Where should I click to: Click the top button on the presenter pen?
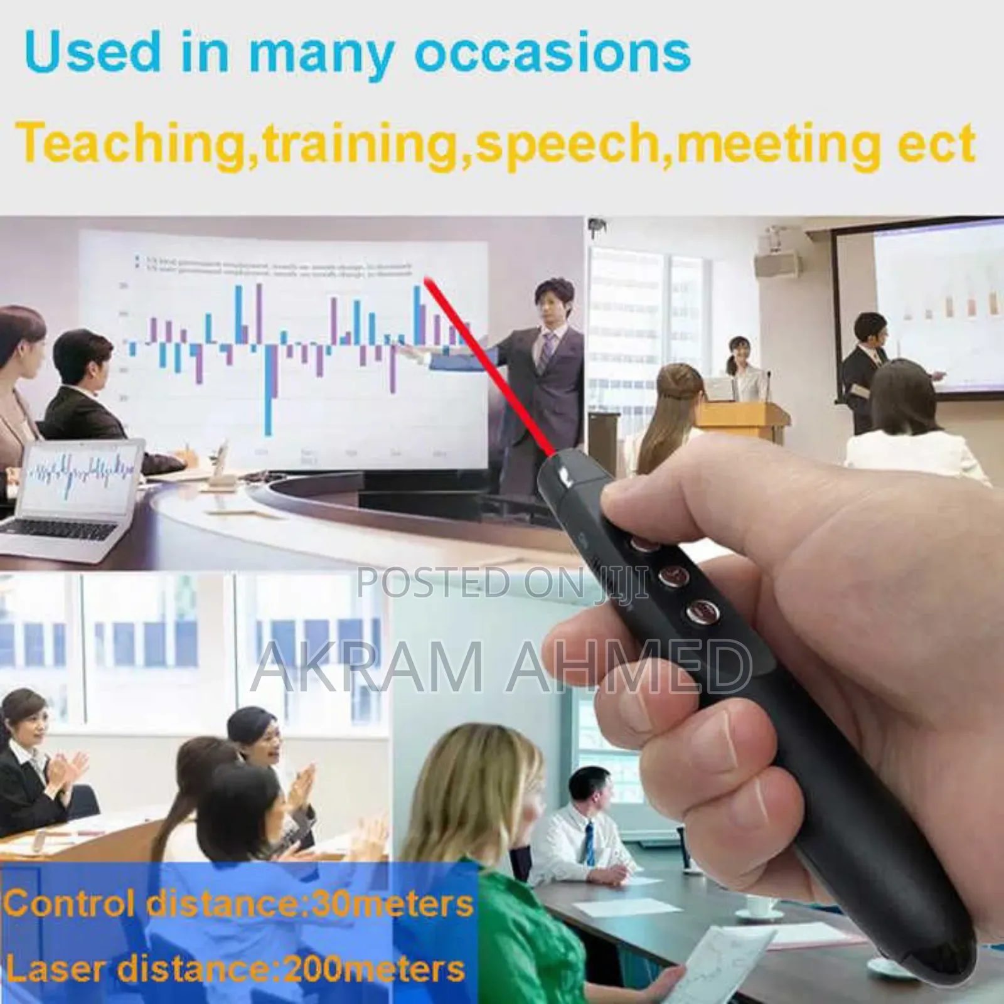(643, 541)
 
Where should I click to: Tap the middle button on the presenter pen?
(671, 574)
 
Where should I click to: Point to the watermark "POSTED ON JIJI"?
(502, 582)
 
